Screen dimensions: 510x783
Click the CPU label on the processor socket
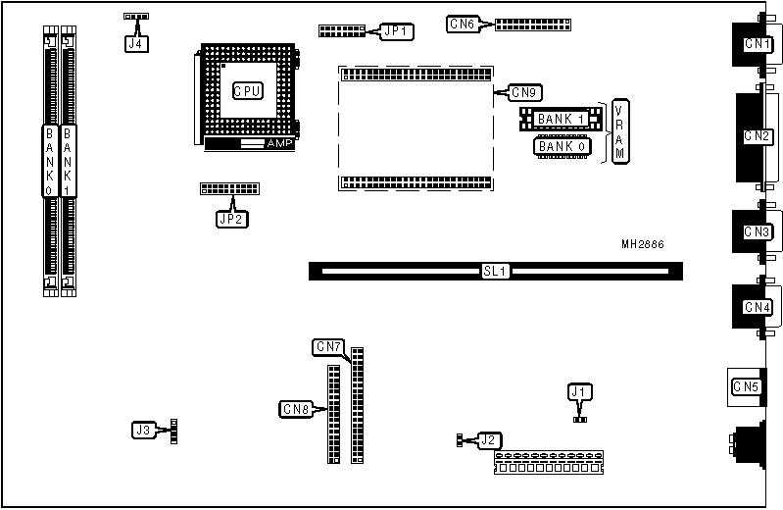[247, 91]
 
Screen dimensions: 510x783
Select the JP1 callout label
[397, 31]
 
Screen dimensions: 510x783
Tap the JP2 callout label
[232, 219]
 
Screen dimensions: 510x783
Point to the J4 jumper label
[133, 42]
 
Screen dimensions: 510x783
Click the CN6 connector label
[462, 24]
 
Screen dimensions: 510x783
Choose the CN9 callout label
[525, 93]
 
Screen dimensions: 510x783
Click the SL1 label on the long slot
[495, 271]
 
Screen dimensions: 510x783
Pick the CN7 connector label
[328, 346]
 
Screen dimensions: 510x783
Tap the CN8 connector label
[296, 408]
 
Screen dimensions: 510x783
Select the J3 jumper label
[144, 430]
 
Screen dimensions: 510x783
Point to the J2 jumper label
[488, 439]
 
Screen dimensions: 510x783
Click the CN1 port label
[757, 43]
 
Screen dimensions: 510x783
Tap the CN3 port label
[757, 232]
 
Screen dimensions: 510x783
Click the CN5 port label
[746, 386]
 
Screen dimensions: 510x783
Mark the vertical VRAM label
[619, 131]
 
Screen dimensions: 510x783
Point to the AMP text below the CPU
[279, 143]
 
